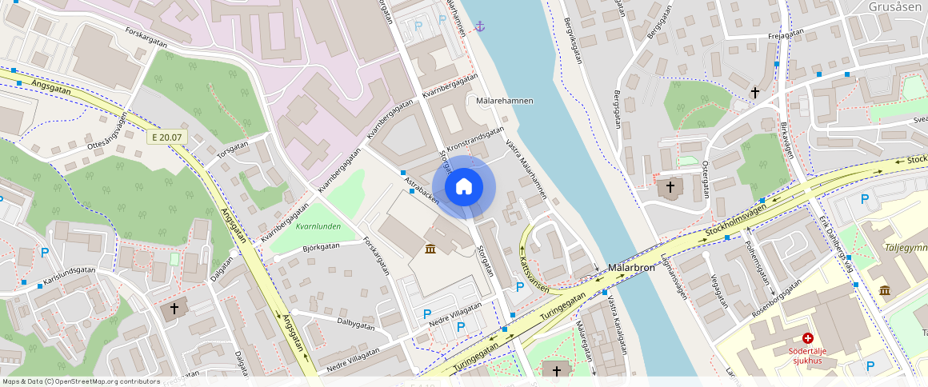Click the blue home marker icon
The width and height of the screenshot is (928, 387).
[x=464, y=187]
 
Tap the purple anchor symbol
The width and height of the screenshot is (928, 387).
[x=479, y=26]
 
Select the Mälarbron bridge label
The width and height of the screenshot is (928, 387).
[x=631, y=268]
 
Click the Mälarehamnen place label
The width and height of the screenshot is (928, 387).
[x=504, y=101]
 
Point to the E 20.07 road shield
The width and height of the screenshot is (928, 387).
[x=166, y=138]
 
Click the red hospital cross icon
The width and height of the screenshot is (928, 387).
[x=808, y=339]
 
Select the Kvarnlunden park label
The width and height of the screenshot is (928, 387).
[x=318, y=226]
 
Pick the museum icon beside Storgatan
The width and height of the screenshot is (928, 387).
[x=431, y=250]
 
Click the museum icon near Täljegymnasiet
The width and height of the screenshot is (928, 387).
[x=886, y=289]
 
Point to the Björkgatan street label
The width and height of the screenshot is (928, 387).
[x=322, y=247]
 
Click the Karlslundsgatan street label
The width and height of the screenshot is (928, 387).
[x=70, y=276]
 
